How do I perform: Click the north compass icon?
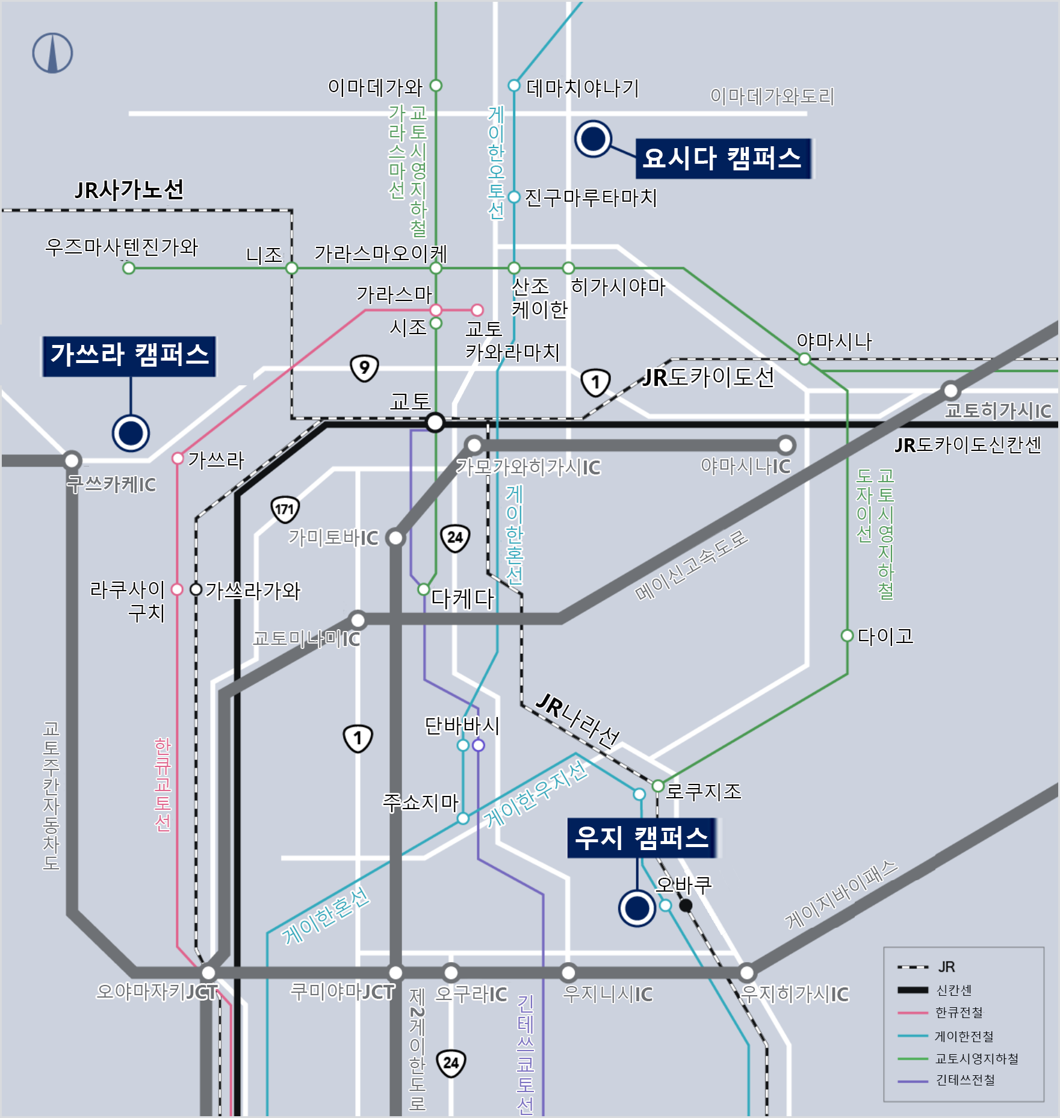pos(52,53)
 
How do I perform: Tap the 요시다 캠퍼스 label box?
pos(723,158)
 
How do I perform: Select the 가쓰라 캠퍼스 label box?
pos(129,356)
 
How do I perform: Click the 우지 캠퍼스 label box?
pos(642,837)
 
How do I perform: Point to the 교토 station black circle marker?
pos(435,422)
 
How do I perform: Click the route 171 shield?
pos(285,509)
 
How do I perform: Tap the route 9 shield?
pos(364,367)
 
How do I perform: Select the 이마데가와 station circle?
pos(436,85)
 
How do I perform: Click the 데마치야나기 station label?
pos(582,88)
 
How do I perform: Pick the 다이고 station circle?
pos(847,635)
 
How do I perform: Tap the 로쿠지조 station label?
pos(704,790)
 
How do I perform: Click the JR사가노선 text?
pos(129,190)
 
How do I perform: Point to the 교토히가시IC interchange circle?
pos(950,390)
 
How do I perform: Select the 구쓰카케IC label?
pos(111,484)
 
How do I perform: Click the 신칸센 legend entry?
pos(953,990)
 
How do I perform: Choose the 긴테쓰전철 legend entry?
pos(964,1080)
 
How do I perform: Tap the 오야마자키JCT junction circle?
pos(208,972)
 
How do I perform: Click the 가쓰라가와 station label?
pos(253,590)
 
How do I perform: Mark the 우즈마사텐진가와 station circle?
pos(128,268)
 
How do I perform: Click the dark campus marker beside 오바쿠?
pos(637,908)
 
